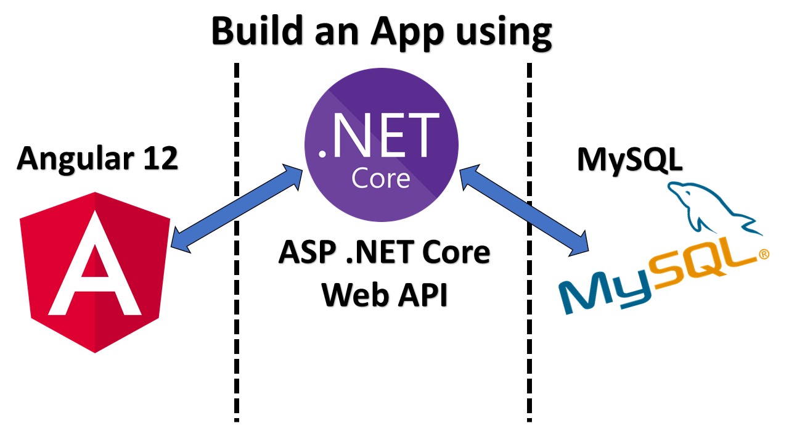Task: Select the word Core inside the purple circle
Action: point(380,178)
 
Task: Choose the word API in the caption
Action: point(420,297)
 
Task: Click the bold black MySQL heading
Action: point(629,160)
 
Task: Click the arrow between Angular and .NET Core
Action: point(236,207)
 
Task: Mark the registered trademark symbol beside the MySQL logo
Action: point(764,253)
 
